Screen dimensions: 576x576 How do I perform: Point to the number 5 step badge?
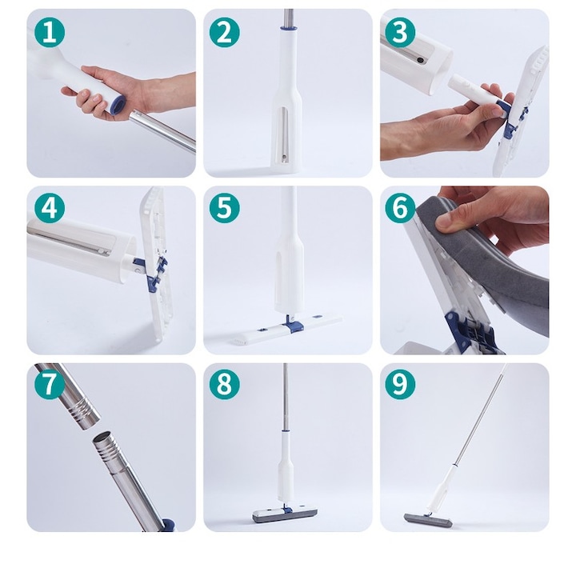pos(225,208)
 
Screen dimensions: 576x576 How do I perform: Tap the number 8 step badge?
pos(225,384)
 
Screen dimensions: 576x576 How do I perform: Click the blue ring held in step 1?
pos(118,105)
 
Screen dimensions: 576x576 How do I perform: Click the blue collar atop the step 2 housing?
pos(288,30)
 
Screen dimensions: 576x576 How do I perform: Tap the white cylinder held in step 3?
pos(471,94)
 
